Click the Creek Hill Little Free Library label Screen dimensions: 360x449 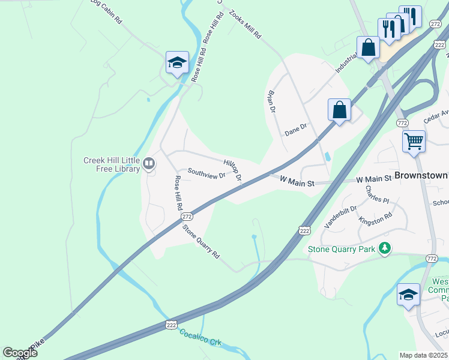point(111,165)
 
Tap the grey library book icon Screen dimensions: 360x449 point(148,163)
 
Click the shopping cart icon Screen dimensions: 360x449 point(414,142)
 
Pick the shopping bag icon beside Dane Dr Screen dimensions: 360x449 point(339,110)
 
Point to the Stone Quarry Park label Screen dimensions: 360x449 point(342,248)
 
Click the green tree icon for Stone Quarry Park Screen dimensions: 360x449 point(385,248)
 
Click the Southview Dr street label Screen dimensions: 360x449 point(206,173)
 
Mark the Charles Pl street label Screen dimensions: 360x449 point(377,194)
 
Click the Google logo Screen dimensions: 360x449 point(20,353)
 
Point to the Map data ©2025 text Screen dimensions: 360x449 point(423,355)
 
